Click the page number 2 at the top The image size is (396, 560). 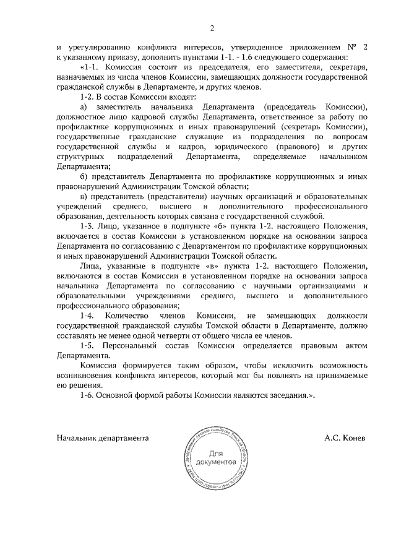click(212, 28)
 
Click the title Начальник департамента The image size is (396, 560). click(103, 437)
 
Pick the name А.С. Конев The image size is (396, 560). click(345, 437)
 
